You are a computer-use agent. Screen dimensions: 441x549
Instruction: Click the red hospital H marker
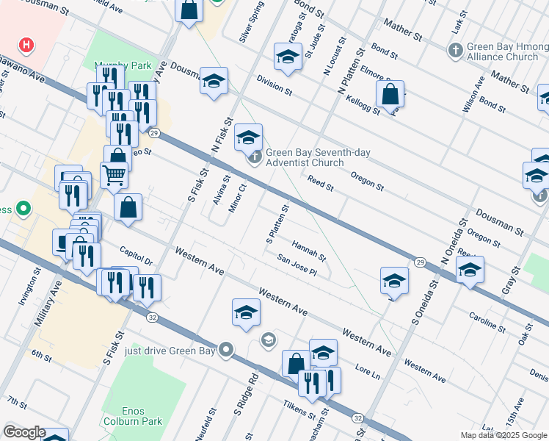(27, 45)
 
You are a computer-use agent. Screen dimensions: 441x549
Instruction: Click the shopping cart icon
(114, 175)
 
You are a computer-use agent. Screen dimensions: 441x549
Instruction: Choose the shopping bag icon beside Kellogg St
(390, 94)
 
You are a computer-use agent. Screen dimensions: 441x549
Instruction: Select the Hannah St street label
(309, 250)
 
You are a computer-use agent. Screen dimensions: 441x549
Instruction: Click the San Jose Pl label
(297, 266)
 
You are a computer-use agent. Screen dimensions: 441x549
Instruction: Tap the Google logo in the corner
(24, 432)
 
